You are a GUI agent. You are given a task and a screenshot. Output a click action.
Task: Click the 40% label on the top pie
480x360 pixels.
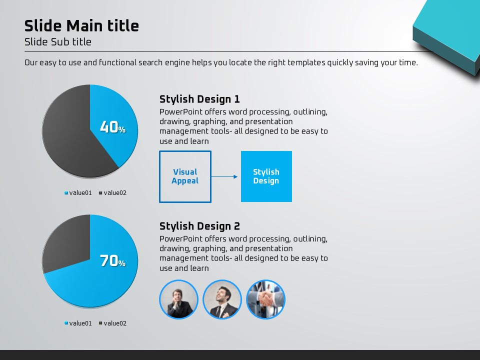[112, 126]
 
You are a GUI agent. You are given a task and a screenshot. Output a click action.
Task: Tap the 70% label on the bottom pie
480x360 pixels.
[112, 260]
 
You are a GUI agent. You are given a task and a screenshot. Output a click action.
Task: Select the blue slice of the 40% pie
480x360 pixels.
[116, 119]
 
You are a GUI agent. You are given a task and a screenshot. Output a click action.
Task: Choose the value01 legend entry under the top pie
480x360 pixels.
[78, 193]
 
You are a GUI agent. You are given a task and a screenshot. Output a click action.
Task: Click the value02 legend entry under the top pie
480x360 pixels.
[112, 193]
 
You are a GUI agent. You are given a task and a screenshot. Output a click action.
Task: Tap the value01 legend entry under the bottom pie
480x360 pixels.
[78, 323]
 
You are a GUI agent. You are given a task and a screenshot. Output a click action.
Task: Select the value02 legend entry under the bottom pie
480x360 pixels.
[112, 323]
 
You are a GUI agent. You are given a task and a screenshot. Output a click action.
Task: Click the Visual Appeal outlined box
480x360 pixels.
[185, 176]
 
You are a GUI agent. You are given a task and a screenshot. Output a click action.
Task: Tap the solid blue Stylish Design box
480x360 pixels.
[266, 176]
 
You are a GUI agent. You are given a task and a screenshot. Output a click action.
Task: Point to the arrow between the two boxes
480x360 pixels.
[224, 176]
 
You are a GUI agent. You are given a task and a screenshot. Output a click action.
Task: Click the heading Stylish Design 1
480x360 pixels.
[199, 99]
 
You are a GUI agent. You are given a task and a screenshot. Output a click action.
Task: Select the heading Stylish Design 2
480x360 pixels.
[199, 226]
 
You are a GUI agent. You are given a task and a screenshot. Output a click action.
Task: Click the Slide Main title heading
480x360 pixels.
[81, 25]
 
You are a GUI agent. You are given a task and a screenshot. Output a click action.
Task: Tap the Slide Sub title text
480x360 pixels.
[58, 42]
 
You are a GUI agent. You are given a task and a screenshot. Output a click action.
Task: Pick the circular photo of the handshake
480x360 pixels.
[265, 299]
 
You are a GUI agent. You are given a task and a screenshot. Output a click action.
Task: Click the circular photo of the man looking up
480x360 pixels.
[222, 299]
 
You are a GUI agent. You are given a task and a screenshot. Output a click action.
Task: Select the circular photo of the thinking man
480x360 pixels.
[179, 299]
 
